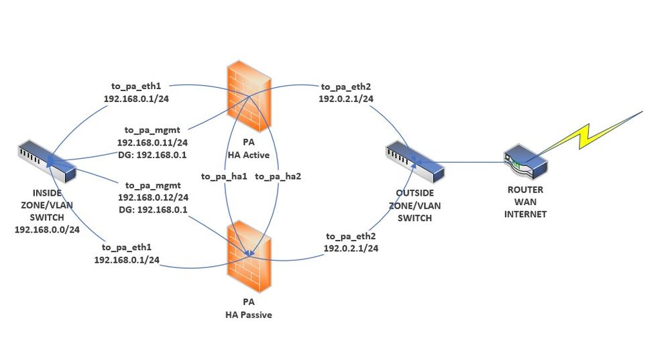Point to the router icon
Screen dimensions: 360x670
pyautogui.click(x=525, y=162)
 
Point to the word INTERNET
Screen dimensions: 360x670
pyautogui.click(x=525, y=215)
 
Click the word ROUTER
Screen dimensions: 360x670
pyautogui.click(x=525, y=190)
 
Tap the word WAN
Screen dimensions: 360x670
pyautogui.click(x=525, y=202)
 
